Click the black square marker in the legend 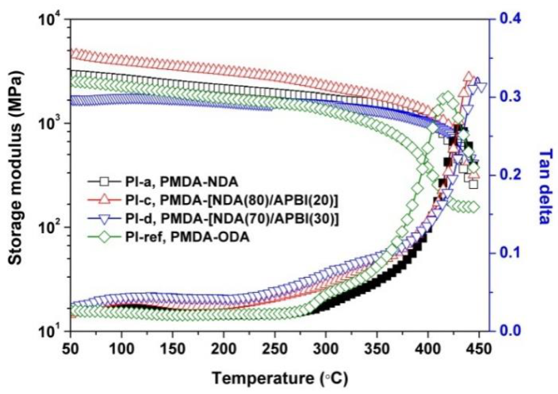[105, 182]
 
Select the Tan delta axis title [545, 175]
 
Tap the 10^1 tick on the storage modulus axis [51, 331]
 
